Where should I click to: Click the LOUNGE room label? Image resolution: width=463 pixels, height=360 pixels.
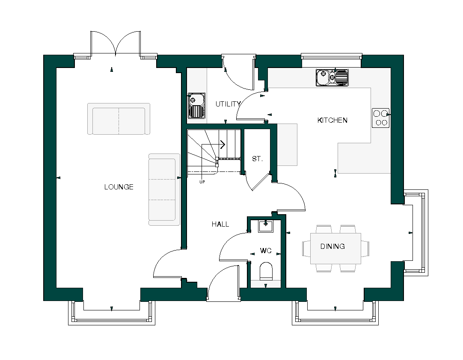[119, 187]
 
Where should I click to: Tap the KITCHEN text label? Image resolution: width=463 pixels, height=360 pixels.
[332, 120]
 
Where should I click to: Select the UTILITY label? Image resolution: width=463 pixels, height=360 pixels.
[228, 104]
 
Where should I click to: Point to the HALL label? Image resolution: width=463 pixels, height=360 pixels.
[220, 224]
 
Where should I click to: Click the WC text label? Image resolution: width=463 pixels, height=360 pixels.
[266, 251]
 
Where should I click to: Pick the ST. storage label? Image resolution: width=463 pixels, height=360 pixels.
[257, 159]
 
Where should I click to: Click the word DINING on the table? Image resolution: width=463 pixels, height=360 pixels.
[332, 246]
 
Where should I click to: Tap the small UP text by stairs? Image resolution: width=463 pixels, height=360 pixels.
[202, 182]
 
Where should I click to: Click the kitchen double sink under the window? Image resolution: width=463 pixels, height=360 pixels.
[332, 78]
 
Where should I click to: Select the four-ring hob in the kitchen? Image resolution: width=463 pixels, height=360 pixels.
[380, 118]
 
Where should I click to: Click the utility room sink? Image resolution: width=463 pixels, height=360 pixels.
[196, 105]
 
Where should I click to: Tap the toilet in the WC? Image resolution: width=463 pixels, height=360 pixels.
[266, 271]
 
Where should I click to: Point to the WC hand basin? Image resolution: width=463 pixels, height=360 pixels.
[266, 226]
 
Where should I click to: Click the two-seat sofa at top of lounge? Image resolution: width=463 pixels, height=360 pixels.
[119, 119]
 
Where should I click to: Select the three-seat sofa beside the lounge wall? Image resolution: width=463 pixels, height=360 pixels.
[164, 189]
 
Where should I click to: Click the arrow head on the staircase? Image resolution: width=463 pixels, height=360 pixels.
[223, 145]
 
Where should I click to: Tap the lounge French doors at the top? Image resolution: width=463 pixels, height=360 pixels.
[116, 43]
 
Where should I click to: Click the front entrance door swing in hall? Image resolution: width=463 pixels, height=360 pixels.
[223, 283]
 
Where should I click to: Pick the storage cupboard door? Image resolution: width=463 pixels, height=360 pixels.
[257, 181]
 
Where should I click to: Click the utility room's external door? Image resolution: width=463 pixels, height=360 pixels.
[239, 72]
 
